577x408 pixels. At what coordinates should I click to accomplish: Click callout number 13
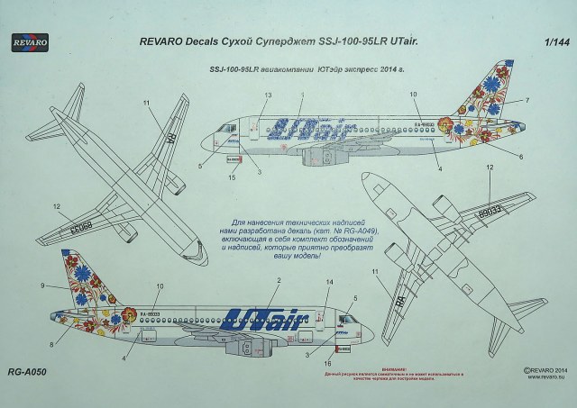tap(268, 95)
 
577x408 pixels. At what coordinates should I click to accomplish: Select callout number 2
tap(280, 283)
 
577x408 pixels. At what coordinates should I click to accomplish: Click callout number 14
tap(329, 283)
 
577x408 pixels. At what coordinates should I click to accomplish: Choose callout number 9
tap(42, 286)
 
